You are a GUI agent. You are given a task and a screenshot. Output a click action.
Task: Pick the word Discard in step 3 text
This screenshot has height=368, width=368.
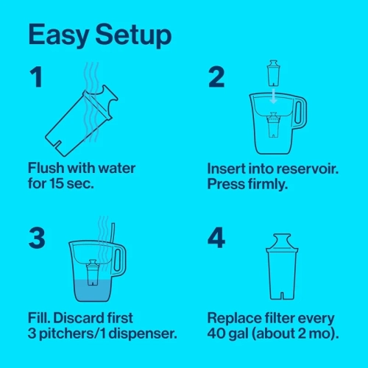tap(81, 318)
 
